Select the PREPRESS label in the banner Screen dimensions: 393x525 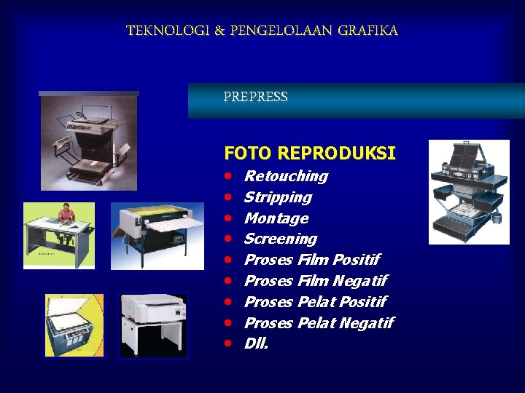255,97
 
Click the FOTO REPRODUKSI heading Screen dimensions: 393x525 310,154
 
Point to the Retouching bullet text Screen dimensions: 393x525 286,176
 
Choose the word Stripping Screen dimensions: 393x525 278,197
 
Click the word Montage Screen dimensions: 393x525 276,218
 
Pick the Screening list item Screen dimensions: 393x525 281,239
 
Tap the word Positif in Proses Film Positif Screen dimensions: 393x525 355,260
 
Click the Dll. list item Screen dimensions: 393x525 256,344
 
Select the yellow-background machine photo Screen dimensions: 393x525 74,325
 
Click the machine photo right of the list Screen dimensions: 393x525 468,191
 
